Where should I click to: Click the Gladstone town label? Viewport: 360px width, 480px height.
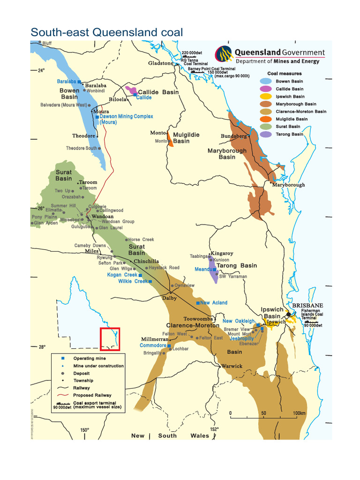161,63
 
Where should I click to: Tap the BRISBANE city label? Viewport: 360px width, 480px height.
307,306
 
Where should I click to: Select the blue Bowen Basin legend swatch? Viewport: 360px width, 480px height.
266,82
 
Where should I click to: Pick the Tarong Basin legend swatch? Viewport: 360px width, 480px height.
266,134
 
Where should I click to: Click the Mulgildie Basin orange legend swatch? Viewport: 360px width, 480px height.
266,119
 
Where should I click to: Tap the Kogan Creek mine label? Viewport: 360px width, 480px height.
122,275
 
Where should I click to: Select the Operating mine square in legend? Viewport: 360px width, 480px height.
62,359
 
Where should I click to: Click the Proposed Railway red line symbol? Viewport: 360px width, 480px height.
62,395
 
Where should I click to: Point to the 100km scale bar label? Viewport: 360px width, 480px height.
299,413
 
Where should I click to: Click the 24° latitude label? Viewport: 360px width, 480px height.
41,71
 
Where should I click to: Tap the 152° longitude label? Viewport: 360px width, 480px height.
214,429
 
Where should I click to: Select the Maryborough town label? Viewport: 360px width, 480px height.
289,185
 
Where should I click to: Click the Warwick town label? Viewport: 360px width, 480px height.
232,366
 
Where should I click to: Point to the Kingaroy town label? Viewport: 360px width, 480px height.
222,254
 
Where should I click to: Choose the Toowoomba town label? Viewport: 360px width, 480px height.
198,319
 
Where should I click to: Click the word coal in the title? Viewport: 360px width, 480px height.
170,33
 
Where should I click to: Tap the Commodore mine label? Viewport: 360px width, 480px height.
153,345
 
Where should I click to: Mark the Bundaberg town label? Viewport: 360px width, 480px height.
234,136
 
